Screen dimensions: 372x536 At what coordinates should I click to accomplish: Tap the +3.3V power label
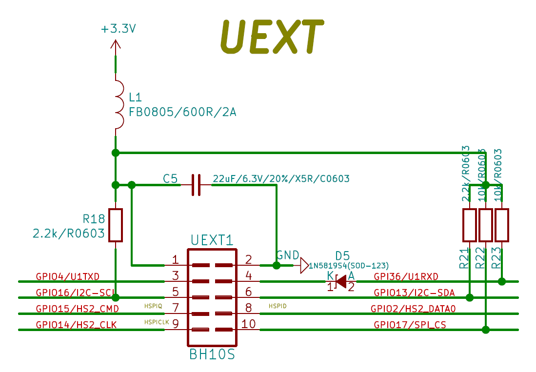point(118,29)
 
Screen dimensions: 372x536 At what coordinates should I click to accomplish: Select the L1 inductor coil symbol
point(118,105)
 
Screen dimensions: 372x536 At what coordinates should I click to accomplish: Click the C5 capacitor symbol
point(196,185)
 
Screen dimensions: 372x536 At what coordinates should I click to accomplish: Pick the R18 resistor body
point(116,225)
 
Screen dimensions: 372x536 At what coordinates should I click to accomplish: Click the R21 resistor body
point(469,225)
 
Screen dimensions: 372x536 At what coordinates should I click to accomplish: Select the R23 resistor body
point(502,225)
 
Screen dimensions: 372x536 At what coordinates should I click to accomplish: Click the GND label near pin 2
point(288,255)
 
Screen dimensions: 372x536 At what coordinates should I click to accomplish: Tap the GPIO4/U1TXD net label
point(68,276)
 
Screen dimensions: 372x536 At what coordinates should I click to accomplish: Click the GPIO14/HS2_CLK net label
point(76,324)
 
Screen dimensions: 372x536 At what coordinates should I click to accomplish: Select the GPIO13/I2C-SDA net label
point(414,293)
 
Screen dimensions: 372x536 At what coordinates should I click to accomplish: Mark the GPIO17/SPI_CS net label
point(410,324)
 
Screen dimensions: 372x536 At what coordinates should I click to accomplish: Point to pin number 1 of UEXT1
point(175,259)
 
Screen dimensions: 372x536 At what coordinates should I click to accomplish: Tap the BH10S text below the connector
point(212,354)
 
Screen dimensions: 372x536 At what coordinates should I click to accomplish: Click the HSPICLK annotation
point(156,322)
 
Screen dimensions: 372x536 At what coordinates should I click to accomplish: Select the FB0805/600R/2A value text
point(182,112)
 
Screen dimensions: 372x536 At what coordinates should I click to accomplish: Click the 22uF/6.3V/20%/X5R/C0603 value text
point(281,179)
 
